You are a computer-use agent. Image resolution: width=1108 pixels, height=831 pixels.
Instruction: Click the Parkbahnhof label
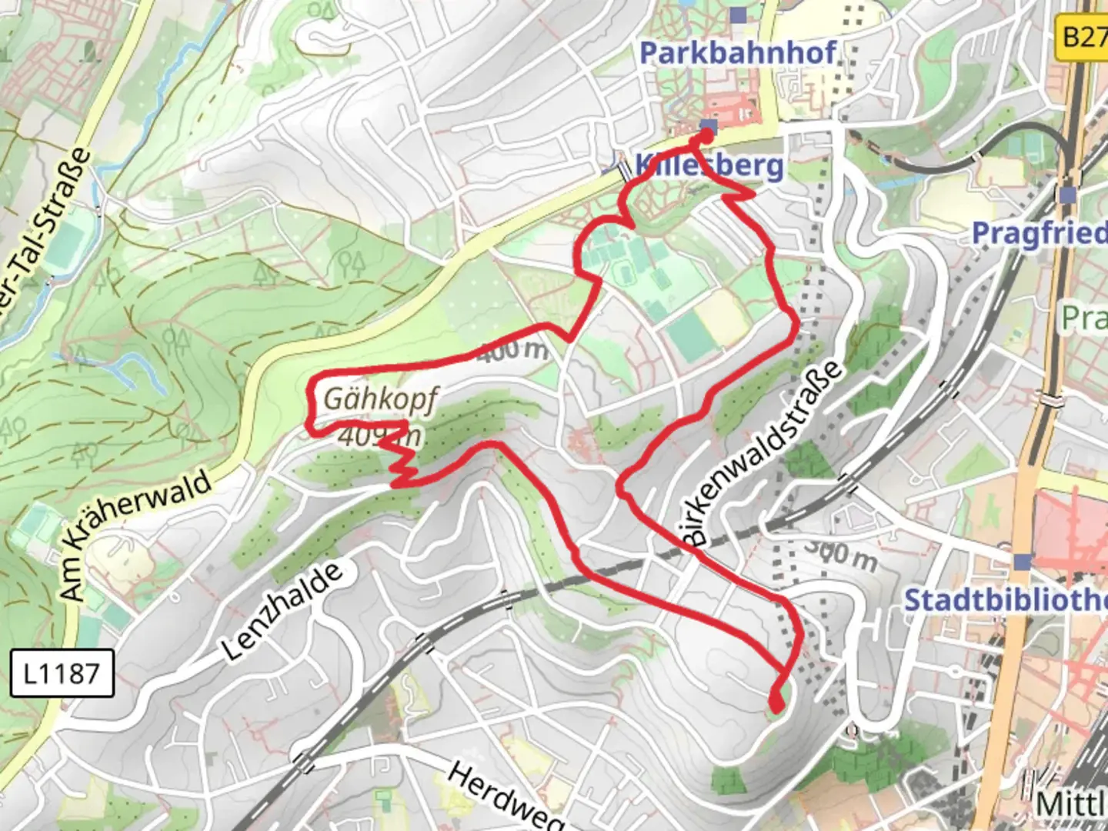pyautogui.click(x=737, y=53)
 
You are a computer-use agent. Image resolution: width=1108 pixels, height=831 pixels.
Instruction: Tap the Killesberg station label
pyautogui.click(x=708, y=165)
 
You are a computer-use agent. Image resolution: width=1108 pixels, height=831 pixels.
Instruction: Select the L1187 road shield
pyautogui.click(x=62, y=673)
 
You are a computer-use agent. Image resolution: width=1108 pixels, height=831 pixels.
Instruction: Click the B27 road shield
pyautogui.click(x=1083, y=35)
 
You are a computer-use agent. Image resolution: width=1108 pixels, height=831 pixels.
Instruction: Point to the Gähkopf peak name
pyautogui.click(x=380, y=399)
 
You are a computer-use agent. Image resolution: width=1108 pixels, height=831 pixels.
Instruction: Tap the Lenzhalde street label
pyautogui.click(x=282, y=612)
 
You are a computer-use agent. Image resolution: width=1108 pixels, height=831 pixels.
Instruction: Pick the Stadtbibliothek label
pyautogui.click(x=1004, y=600)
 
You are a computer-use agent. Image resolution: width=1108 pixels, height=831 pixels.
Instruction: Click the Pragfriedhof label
pyautogui.click(x=1039, y=232)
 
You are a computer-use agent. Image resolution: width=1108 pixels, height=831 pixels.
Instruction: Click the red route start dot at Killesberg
pyautogui.click(x=706, y=137)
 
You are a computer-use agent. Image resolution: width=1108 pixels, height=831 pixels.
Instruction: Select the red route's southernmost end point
pyautogui.click(x=776, y=702)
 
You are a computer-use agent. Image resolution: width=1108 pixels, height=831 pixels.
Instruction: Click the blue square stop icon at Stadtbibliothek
pyautogui.click(x=1022, y=562)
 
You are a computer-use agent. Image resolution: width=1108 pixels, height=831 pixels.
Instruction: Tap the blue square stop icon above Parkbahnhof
pyautogui.click(x=739, y=15)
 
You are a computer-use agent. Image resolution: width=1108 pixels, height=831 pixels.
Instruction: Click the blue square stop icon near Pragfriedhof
pyautogui.click(x=1067, y=195)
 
